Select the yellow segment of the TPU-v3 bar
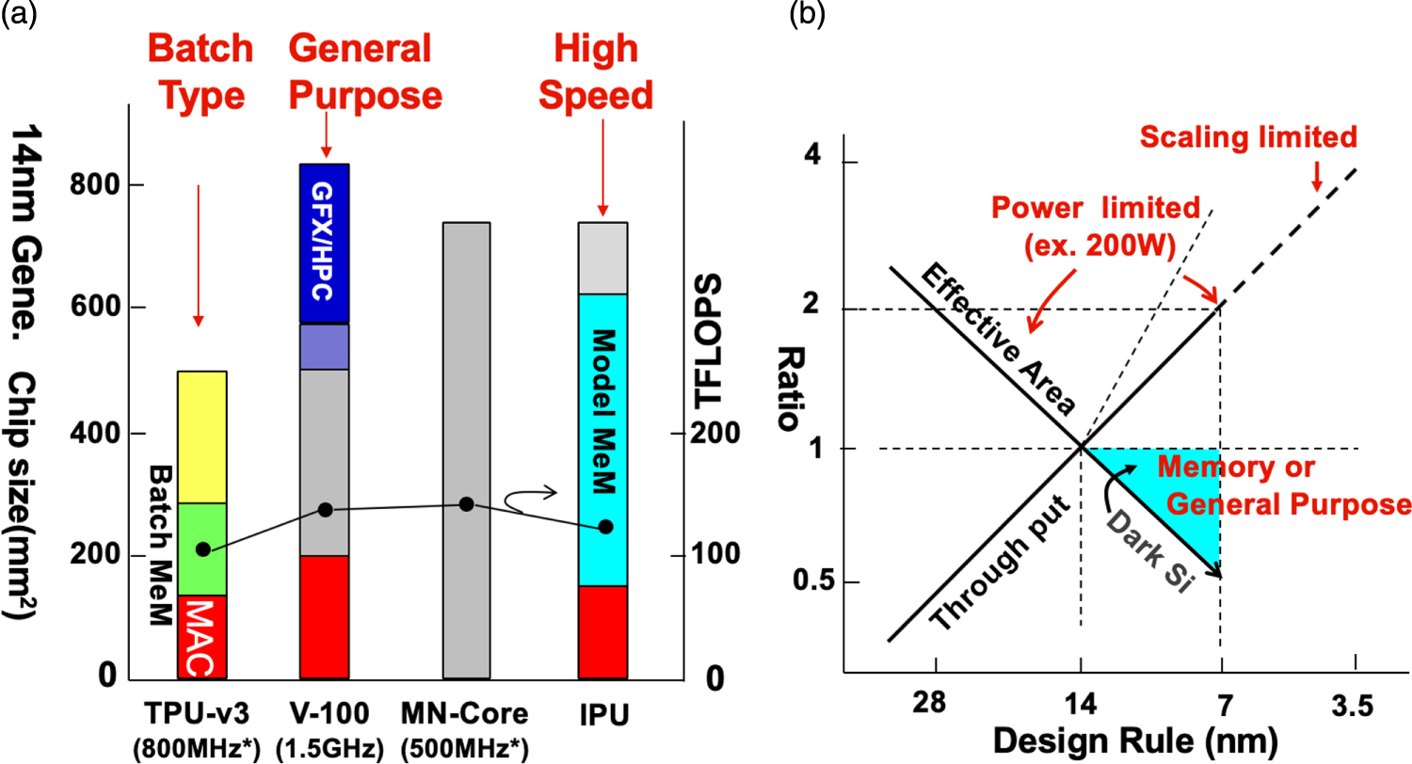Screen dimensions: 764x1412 (201, 437)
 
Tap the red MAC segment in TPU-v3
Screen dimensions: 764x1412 (201, 636)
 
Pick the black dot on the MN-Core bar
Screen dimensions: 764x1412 (466, 504)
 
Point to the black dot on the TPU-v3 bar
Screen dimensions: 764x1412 (202, 549)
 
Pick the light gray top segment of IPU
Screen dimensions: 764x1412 (602, 259)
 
